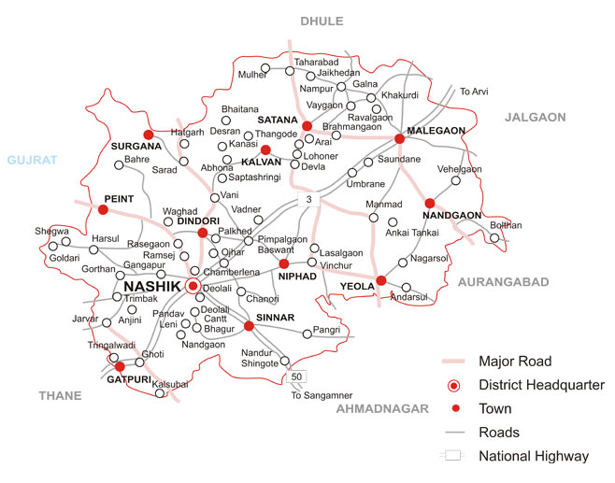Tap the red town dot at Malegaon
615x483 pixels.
[399, 138]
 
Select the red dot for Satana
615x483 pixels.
[307, 126]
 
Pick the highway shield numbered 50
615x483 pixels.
[296, 376]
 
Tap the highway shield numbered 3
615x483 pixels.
[308, 201]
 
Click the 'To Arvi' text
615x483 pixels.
[474, 92]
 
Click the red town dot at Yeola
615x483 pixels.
[380, 280]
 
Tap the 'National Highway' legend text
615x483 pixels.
[533, 457]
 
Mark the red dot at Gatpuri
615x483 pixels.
[120, 367]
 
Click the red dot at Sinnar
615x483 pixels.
[249, 326]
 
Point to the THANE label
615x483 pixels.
[60, 396]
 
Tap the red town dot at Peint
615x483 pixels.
[103, 210]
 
